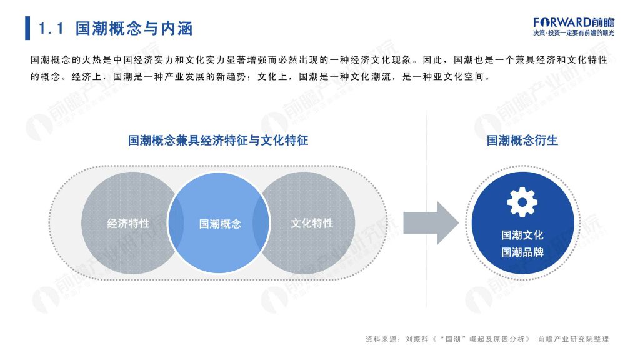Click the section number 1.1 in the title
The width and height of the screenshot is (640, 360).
point(51,29)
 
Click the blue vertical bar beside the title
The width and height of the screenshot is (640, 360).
point(27,28)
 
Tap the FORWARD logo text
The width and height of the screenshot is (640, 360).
point(574,22)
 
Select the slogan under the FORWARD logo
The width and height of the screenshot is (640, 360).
point(574,33)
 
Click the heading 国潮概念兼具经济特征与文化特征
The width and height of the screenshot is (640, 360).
point(218,141)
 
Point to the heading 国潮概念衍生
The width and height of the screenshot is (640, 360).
point(522,141)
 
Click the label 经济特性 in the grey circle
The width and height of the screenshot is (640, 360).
point(128,223)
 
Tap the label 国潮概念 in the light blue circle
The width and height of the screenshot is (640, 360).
point(220,224)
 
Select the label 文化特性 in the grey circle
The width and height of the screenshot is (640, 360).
point(312,223)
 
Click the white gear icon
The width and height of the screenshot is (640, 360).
point(522,202)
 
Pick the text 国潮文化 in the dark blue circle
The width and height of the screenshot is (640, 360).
point(522,235)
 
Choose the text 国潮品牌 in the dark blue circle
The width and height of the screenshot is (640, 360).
point(522,252)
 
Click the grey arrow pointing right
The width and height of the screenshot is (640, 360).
point(431,223)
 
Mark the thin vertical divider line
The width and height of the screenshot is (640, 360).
point(426,208)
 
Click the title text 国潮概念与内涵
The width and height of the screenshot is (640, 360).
point(134,29)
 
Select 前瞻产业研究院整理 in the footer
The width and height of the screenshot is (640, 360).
point(573,339)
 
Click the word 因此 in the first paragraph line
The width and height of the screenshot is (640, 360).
point(432,60)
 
